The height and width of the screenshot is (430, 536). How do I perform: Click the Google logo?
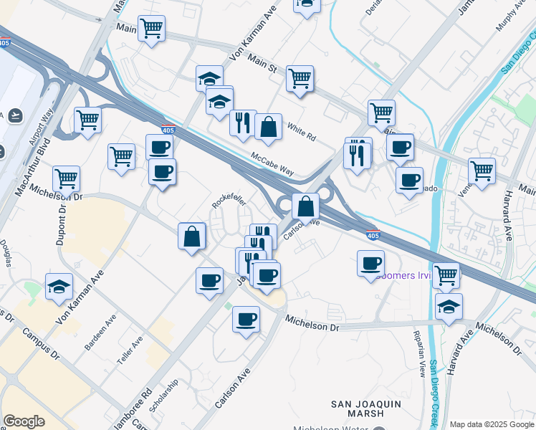(x=24, y=421)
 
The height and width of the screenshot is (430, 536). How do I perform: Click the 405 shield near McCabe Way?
(x=168, y=130)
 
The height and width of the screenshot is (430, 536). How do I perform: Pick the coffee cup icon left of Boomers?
(x=370, y=263)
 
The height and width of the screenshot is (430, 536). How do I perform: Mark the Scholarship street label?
(x=165, y=396)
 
